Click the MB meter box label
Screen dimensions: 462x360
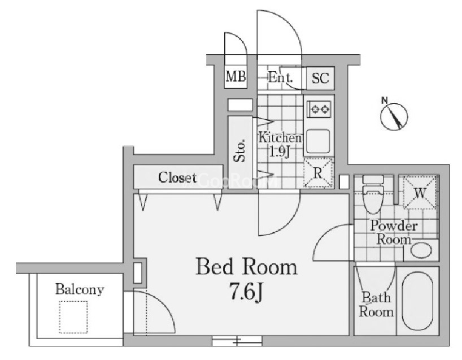tap(236, 77)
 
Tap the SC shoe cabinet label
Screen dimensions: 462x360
tap(320, 78)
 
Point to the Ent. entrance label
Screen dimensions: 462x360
tap(280, 77)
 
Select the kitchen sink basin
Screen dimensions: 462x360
tap(318, 141)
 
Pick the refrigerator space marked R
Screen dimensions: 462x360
tap(318, 173)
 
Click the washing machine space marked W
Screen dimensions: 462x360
tap(420, 192)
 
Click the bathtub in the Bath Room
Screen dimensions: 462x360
tap(418, 301)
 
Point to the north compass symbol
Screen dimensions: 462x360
tap(394, 116)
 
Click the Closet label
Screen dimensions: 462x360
tap(177, 177)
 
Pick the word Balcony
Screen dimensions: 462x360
tap(80, 289)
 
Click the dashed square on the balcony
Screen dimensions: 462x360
tap(73, 317)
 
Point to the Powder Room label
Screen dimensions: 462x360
tap(394, 232)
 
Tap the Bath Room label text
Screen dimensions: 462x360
tap(376, 305)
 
